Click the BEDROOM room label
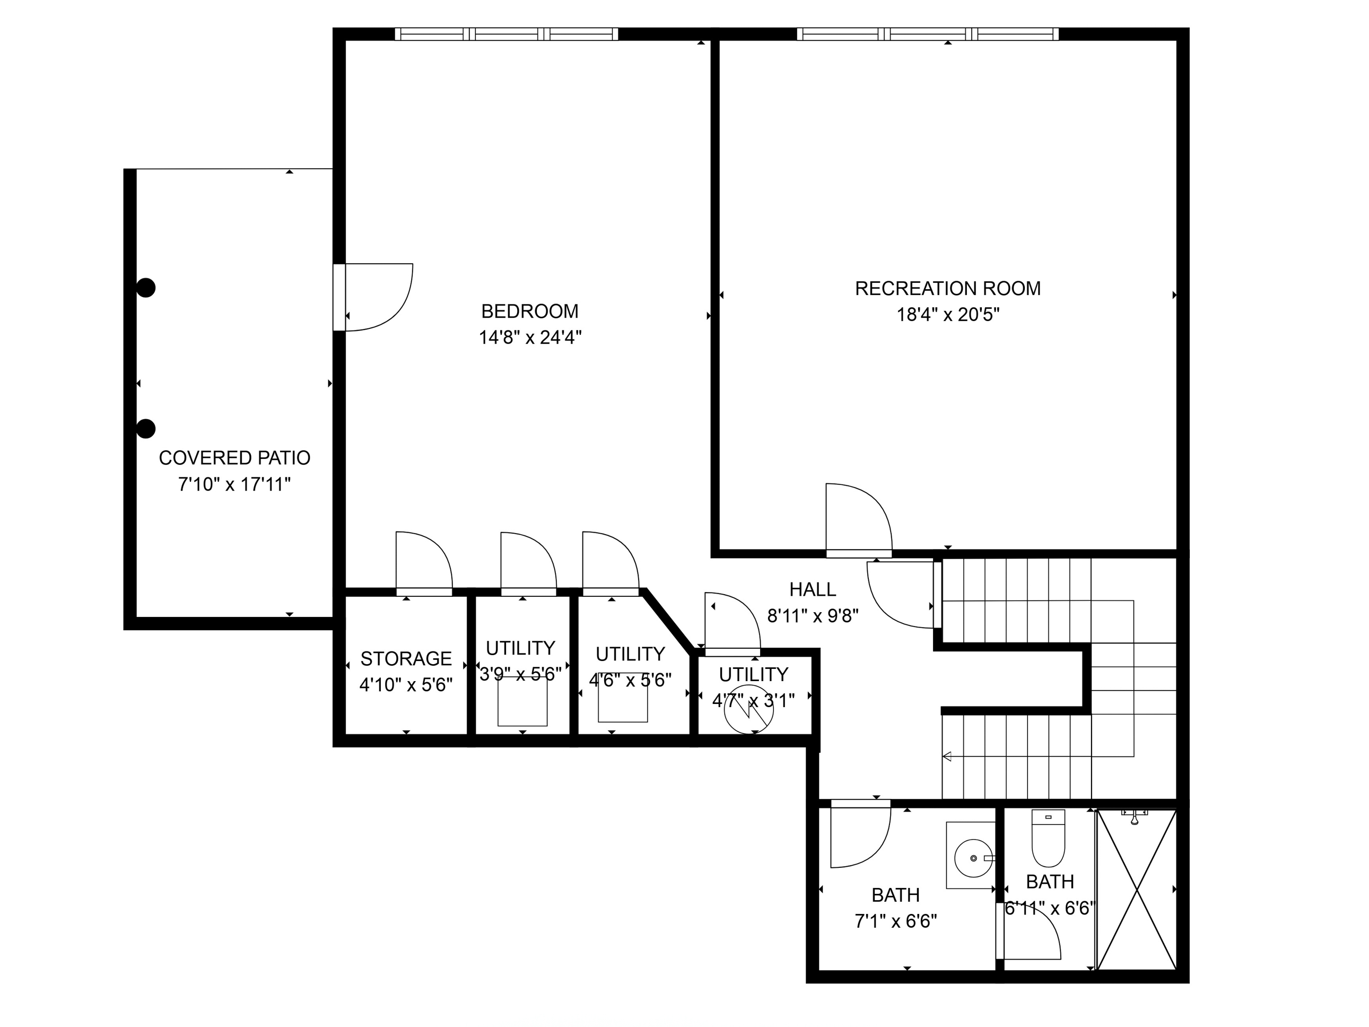pos(530,311)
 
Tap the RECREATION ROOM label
pos(947,289)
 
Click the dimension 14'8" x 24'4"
pos(530,337)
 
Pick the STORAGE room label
pos(406,658)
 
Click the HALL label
pos(813,589)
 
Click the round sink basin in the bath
pos(973,858)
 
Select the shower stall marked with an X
pos(1136,890)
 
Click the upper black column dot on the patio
pos(146,288)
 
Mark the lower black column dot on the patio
pos(146,429)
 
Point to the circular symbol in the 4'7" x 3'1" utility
pos(749,709)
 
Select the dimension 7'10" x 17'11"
pos(234,484)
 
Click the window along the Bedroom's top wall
pos(506,34)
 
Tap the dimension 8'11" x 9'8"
pos(813,616)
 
